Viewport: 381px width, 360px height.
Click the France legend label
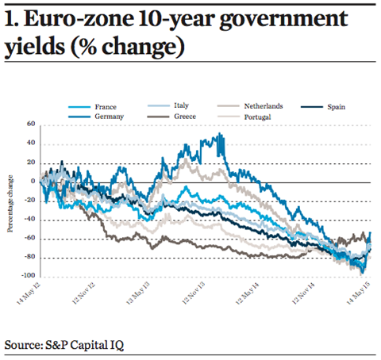coord(106,107)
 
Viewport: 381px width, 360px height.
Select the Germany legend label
coord(109,117)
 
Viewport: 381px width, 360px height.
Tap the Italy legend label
coord(181,105)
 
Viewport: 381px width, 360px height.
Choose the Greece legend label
coord(185,117)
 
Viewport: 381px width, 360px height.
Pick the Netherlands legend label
coord(264,106)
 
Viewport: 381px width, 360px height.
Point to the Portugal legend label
coord(257,117)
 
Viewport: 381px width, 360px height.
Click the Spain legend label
coord(337,107)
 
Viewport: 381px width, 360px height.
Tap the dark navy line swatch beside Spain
coord(312,107)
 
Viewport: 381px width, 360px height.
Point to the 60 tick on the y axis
coord(31,124)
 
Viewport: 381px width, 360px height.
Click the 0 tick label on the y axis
coord(33,182)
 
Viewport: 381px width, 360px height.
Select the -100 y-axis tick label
coord(29,275)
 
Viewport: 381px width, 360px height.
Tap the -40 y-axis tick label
coord(29,219)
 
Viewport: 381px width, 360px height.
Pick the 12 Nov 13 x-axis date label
coord(194,293)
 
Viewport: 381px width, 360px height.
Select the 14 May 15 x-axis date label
coord(359,293)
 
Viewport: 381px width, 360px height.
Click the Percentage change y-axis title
coord(10,204)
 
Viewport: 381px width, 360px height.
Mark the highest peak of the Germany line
coord(219,133)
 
